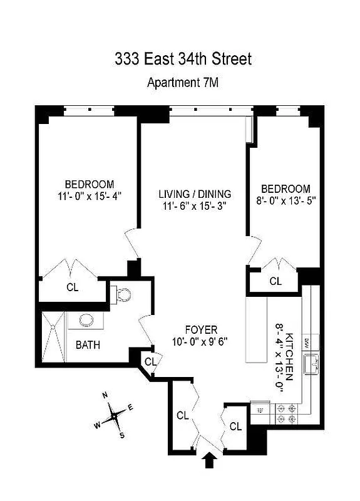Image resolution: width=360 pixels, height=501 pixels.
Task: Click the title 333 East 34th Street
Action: (x=183, y=59)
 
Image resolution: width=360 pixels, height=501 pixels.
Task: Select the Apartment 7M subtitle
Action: (x=183, y=81)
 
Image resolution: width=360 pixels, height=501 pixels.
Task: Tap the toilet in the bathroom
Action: (x=120, y=293)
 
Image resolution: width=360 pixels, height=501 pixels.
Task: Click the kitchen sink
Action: (x=311, y=363)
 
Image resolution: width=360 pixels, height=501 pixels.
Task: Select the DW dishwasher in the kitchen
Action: (x=307, y=343)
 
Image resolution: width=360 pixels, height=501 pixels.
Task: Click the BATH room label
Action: (x=88, y=345)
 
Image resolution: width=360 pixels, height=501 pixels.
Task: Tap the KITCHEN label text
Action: (x=289, y=357)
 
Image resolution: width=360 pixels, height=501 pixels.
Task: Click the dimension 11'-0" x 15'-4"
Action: (x=90, y=195)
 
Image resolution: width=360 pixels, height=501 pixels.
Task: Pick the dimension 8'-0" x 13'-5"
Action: (x=285, y=200)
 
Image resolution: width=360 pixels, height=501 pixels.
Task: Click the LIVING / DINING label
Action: (x=194, y=194)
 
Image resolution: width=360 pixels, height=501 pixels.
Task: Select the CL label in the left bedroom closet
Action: (x=73, y=287)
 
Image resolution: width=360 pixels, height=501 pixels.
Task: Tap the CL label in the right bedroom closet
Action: (x=275, y=281)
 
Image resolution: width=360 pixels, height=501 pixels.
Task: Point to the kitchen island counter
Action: (x=256, y=329)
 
